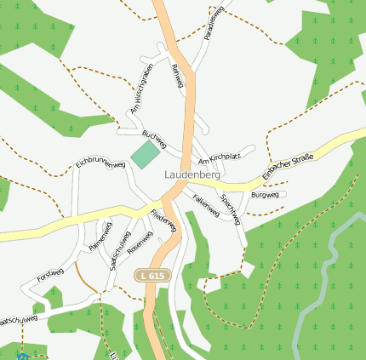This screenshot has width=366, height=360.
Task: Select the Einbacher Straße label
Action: click(x=288, y=165)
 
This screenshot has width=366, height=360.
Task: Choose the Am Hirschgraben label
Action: click(x=140, y=89)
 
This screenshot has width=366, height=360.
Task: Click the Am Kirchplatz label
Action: click(x=219, y=157)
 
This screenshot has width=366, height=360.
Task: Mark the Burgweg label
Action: click(x=265, y=196)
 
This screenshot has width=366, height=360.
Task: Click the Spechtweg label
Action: click(x=231, y=209)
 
